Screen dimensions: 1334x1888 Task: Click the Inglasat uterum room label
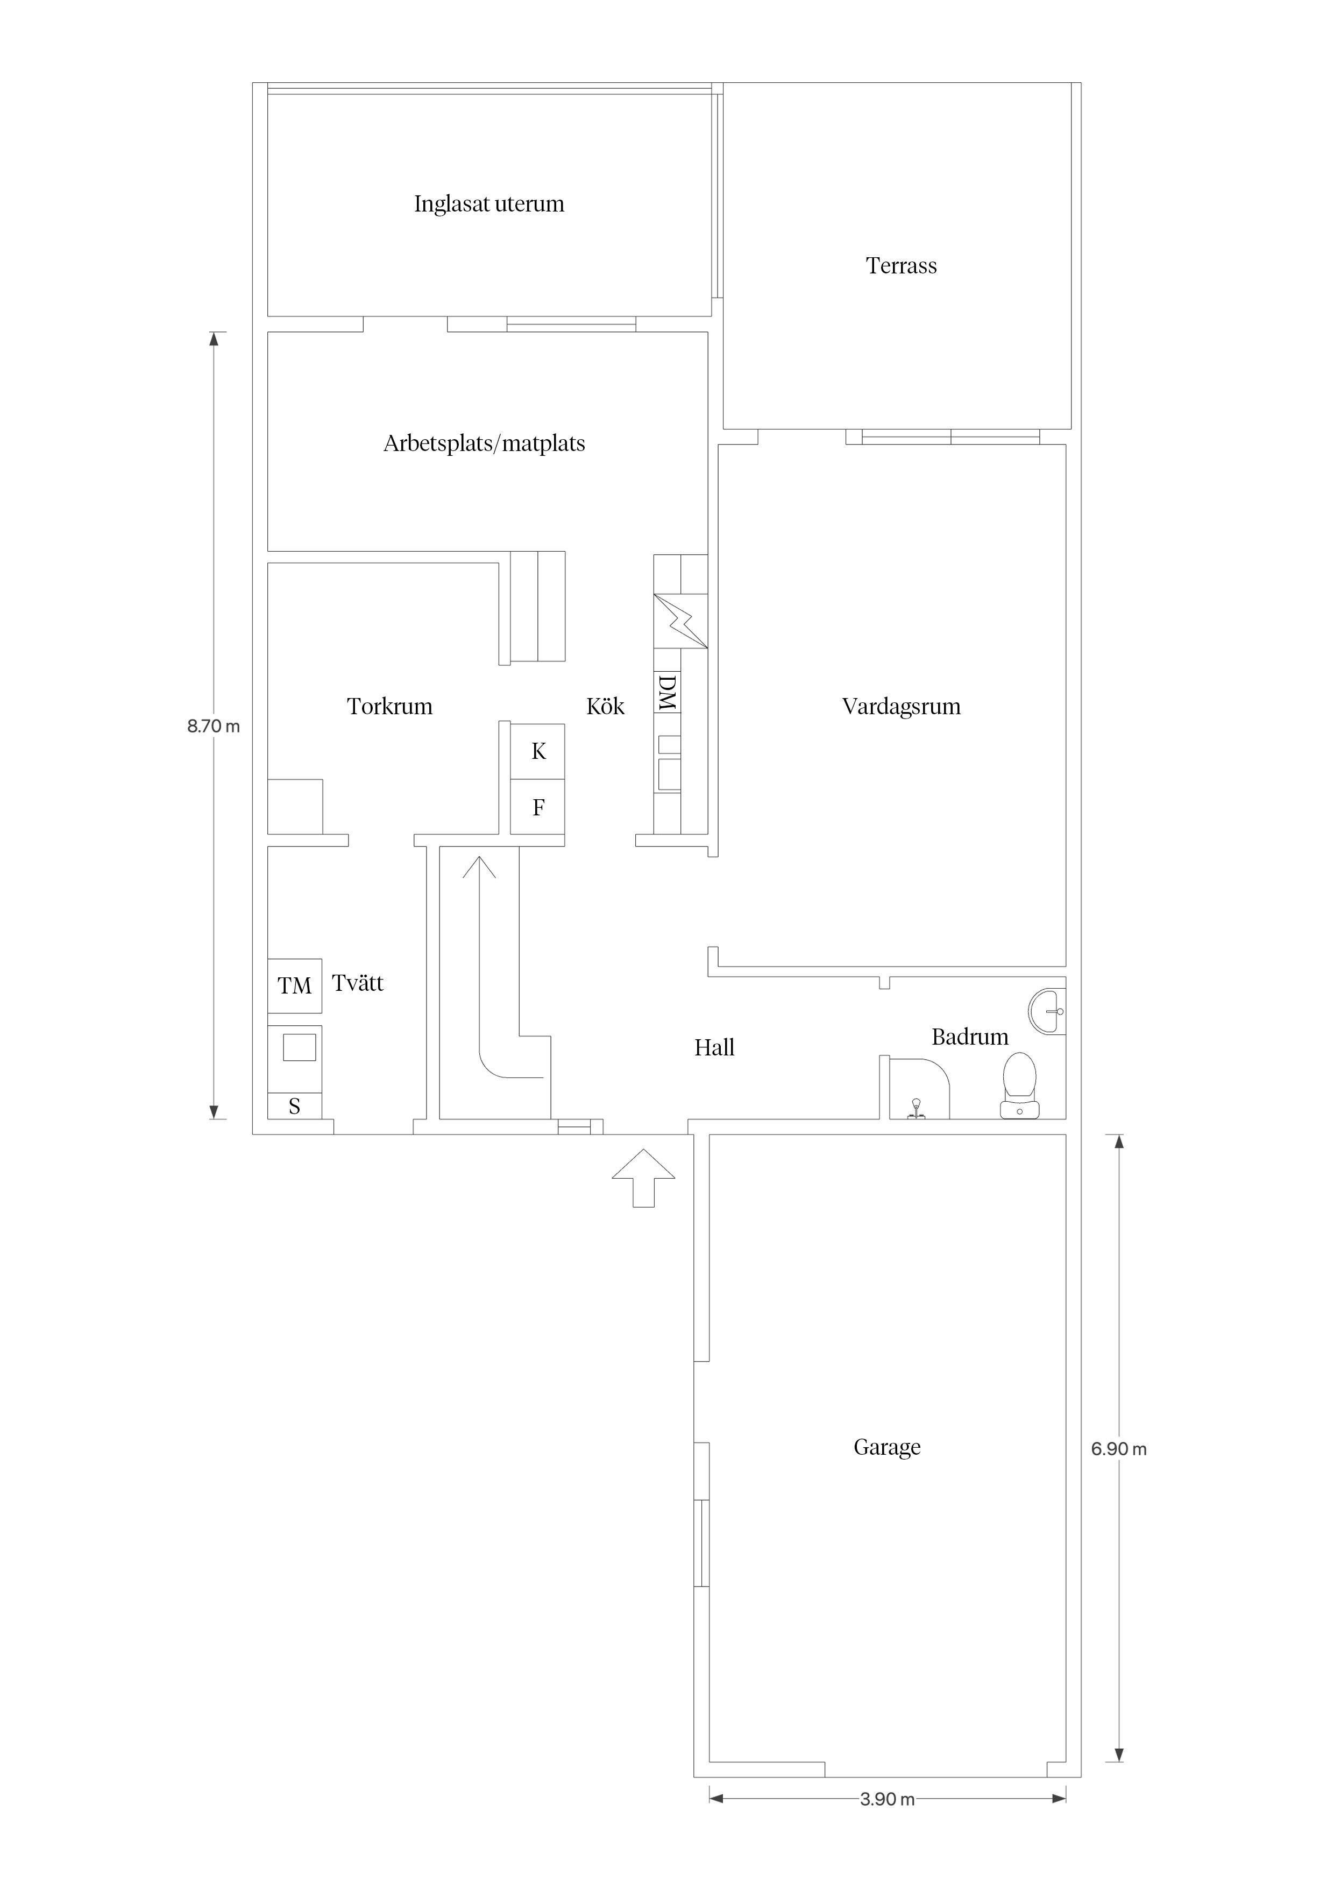point(489,204)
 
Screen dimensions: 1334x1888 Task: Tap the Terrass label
point(901,266)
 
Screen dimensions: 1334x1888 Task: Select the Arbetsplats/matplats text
point(484,444)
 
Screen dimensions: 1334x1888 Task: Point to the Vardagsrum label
point(901,706)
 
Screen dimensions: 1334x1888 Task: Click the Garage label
point(887,1447)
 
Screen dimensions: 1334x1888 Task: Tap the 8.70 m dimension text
point(214,726)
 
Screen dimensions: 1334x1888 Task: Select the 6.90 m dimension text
point(1119,1449)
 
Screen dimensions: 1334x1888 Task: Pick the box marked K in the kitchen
point(537,751)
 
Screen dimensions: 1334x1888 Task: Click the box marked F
point(537,807)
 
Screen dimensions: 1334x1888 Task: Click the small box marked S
point(294,1106)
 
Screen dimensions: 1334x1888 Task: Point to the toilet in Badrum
point(1019,1086)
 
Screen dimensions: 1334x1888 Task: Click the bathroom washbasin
point(1047,1011)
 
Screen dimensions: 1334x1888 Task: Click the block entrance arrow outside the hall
point(643,1178)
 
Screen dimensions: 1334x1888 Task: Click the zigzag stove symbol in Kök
point(680,621)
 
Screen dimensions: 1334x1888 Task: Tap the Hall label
point(714,1048)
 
